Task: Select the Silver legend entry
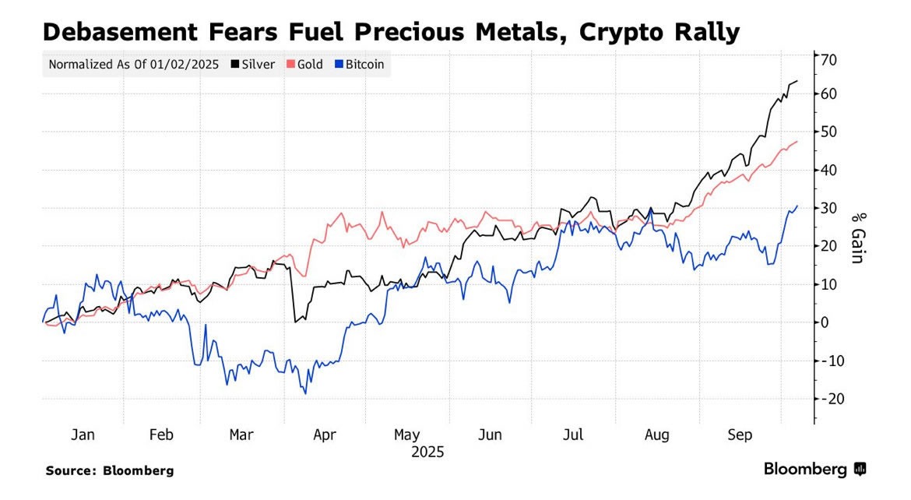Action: tap(253, 65)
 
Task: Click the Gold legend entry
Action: tap(304, 65)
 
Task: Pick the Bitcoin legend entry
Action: tap(359, 65)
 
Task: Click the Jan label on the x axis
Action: tap(83, 435)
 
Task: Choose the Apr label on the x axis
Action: tap(324, 435)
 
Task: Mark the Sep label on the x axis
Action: tap(740, 435)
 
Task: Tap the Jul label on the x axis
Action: tap(573, 435)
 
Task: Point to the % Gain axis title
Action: tap(856, 238)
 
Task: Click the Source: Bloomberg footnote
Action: tap(109, 470)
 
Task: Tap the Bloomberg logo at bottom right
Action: tap(814, 469)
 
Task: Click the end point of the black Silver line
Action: tap(797, 81)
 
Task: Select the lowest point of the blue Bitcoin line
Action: tap(305, 393)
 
